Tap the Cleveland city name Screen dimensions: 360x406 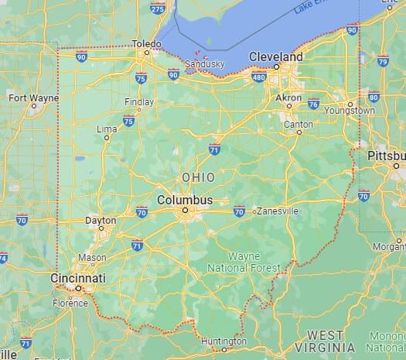[275, 57]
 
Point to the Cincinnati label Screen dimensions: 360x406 [77, 277]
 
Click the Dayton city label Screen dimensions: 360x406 [100, 221]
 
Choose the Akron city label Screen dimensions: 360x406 [289, 98]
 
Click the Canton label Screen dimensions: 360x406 [299, 124]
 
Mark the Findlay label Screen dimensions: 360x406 [139, 102]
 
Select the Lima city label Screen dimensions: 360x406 [107, 129]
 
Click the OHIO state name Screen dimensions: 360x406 [198, 177]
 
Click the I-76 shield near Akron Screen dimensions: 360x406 [313, 104]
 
